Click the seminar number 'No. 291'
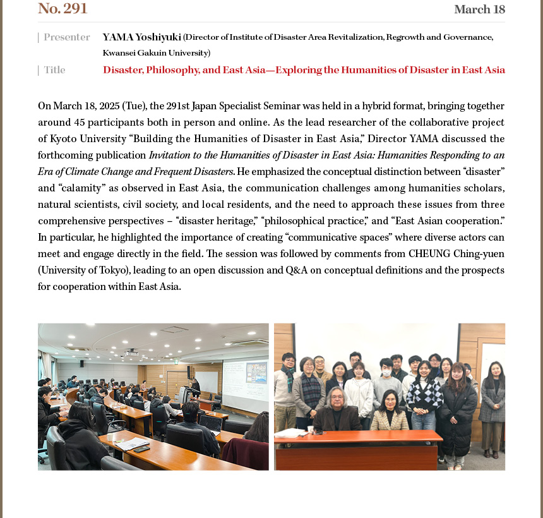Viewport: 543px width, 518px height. [x=63, y=9]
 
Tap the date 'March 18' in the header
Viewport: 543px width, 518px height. [x=479, y=9]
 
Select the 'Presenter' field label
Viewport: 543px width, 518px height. [x=66, y=37]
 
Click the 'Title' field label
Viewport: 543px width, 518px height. [x=54, y=70]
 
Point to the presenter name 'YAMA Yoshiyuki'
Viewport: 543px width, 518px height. [x=141, y=37]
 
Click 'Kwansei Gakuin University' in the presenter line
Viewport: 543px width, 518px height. [x=156, y=53]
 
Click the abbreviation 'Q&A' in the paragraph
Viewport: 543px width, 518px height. [x=297, y=270]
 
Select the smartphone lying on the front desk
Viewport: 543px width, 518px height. [x=141, y=449]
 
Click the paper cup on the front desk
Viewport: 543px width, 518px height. [x=311, y=430]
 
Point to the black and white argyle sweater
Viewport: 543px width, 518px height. [x=424, y=394]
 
